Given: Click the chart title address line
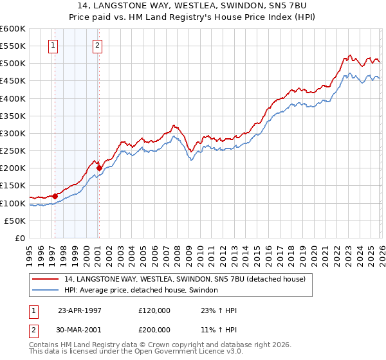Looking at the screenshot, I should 194,5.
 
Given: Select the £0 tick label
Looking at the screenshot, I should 20,239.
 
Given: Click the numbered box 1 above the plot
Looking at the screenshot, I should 53,45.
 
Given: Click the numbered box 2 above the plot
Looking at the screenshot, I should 97,45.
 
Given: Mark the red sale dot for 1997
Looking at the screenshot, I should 55,196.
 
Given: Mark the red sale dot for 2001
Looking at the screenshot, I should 100,168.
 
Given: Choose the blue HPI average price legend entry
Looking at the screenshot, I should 141,291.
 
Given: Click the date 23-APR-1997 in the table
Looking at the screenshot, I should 81,309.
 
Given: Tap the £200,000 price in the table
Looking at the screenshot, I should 154,328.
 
